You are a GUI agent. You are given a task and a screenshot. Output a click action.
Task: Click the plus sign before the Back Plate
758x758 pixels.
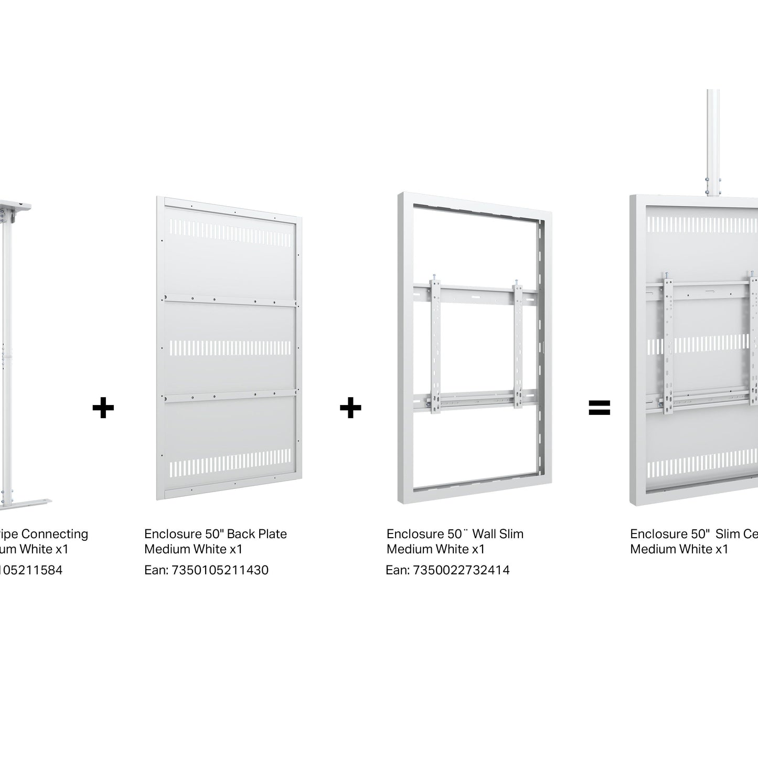click(103, 408)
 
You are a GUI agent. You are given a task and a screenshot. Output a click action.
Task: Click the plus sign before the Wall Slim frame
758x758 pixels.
click(350, 408)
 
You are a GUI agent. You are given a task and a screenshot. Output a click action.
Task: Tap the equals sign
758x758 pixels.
click(599, 408)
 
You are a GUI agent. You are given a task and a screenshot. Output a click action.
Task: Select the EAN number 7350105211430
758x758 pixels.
click(220, 570)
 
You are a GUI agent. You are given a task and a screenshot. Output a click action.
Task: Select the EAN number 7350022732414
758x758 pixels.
click(462, 570)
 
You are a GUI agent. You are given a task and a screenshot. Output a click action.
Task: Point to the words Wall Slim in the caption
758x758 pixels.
click(498, 534)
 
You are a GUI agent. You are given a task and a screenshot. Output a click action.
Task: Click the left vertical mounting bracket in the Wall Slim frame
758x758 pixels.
click(435, 346)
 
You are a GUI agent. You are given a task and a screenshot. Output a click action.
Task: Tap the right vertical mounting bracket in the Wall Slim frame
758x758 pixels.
click(519, 346)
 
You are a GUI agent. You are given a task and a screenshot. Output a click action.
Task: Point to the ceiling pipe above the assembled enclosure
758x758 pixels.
click(713, 142)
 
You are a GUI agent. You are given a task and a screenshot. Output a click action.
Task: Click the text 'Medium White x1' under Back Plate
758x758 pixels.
click(194, 549)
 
